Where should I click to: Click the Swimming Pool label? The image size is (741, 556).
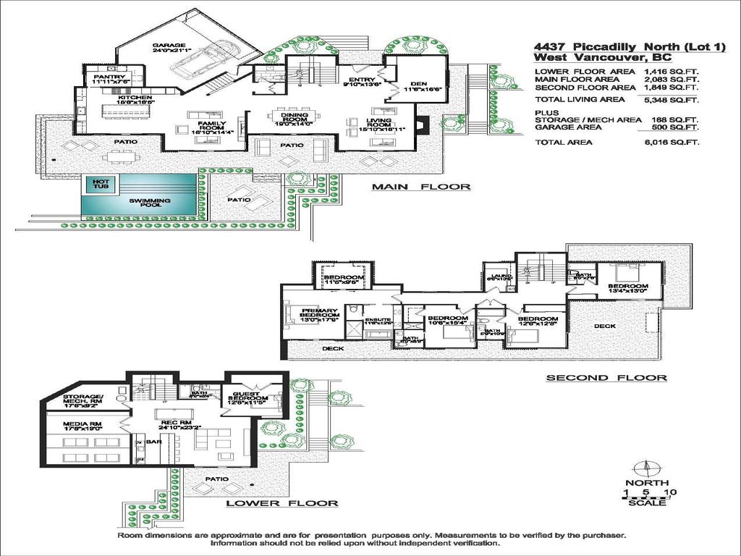point(150,203)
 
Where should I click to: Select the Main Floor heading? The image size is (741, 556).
point(421,187)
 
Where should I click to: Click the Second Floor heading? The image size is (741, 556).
point(606,378)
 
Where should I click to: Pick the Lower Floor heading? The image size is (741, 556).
point(281,503)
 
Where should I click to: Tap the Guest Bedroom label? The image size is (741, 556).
point(249,398)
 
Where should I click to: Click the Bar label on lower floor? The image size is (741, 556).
point(153,440)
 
